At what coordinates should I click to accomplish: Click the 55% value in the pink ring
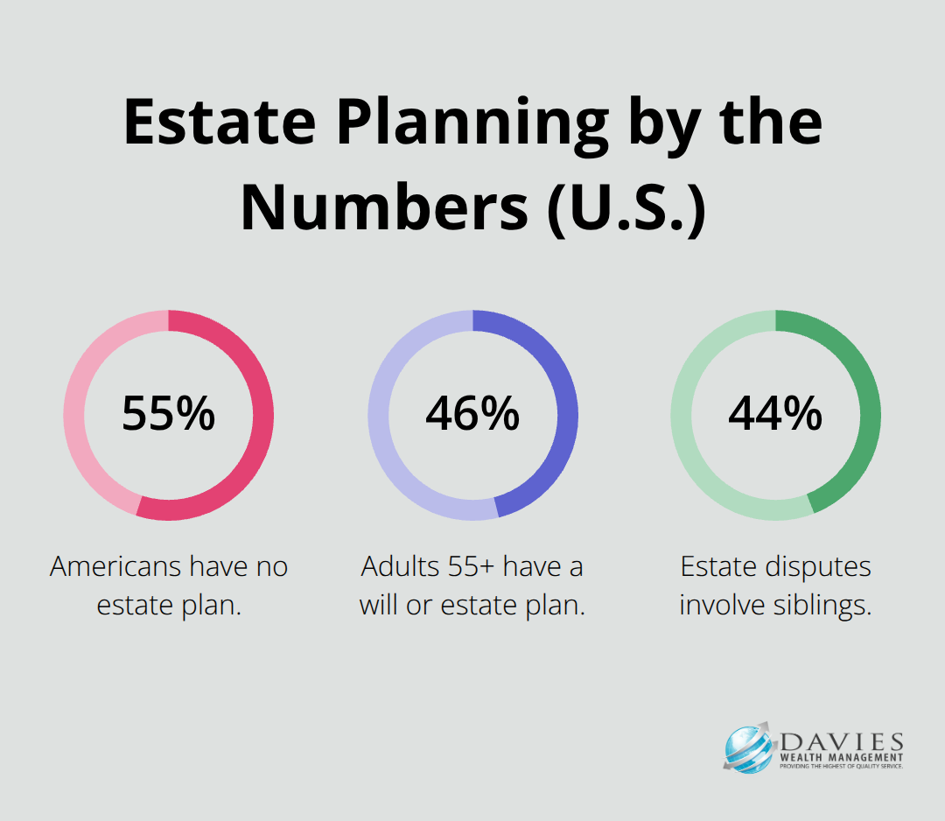click(x=169, y=413)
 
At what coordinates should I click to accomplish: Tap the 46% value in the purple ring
click(x=472, y=413)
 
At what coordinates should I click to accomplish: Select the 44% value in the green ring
click(x=775, y=413)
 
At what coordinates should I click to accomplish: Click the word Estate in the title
click(x=220, y=123)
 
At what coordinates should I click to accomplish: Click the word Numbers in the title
click(x=384, y=207)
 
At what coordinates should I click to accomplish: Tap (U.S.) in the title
click(x=626, y=208)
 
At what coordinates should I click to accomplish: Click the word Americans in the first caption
click(x=115, y=566)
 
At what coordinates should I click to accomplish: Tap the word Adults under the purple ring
click(x=400, y=566)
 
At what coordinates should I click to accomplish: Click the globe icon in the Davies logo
click(x=748, y=749)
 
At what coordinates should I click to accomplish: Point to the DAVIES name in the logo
click(x=842, y=742)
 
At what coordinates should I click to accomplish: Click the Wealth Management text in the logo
click(x=842, y=757)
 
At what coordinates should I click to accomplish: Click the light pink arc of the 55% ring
click(x=73, y=416)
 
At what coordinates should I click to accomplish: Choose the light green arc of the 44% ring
click(x=681, y=416)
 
